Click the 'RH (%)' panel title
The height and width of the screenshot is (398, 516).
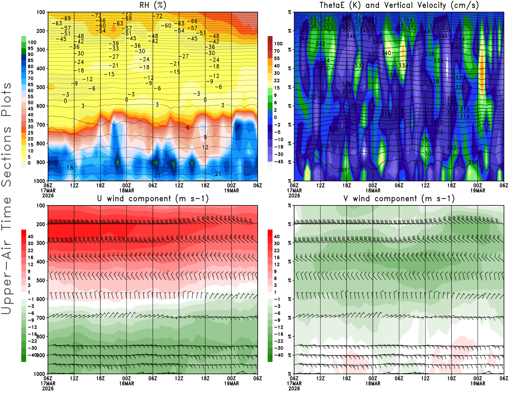click(153, 5)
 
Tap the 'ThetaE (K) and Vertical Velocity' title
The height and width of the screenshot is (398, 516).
click(399, 5)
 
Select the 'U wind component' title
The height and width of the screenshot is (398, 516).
click(153, 199)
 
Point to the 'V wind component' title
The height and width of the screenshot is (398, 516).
click(399, 199)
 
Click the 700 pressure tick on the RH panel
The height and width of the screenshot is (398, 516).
click(41, 125)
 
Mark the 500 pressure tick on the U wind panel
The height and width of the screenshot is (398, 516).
click(41, 280)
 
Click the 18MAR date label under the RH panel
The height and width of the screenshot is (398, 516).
click(127, 190)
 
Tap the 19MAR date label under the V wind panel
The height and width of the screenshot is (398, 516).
click(478, 384)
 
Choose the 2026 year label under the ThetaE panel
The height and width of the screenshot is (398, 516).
click(294, 195)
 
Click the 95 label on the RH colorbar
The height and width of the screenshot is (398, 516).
click(31, 48)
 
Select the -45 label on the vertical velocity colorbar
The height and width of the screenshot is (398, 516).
click(279, 162)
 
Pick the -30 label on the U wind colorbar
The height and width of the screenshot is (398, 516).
click(32, 348)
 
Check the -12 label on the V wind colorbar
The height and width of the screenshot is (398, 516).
click(279, 327)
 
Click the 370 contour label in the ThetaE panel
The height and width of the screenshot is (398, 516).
click(360, 15)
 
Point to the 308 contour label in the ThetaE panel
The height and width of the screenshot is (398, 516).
click(333, 129)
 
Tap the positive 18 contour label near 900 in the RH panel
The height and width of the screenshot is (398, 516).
click(70, 168)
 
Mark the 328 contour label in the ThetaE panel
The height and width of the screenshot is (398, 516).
click(434, 81)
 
